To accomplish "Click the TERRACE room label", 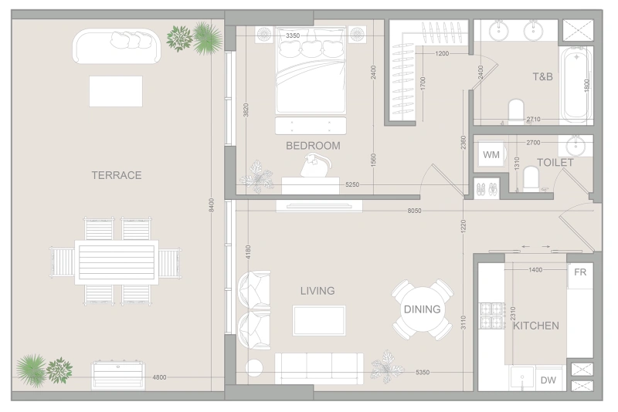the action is pos(117,175).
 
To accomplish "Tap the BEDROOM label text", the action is pos(313,146).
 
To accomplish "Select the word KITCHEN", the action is pos(535,326).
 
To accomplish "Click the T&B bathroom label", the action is pos(543,76).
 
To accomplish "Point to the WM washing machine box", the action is pos(491,154).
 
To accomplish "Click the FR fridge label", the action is pos(580,272).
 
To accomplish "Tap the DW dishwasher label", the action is pos(548,380).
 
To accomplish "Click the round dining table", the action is pos(422,309).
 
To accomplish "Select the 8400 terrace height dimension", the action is pos(212,205).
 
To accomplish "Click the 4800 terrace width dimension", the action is pos(159,377).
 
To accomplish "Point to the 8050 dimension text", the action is pos(414,211).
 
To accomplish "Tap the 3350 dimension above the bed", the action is pos(293,35).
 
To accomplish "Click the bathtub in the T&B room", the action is pos(576,84).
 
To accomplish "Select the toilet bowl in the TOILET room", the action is pos(531,179).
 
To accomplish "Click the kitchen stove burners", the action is pos(492,316).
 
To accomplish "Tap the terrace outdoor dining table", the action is pos(117,262).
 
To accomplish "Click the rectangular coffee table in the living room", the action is pos(319,320).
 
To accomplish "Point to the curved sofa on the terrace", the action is pos(117,46).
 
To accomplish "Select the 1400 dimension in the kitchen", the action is pos(535,270).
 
